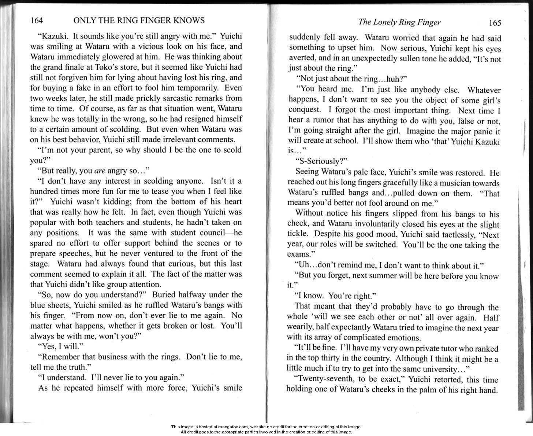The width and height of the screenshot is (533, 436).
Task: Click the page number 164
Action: pos(37,20)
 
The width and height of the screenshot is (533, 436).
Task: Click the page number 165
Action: pos(495,23)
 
